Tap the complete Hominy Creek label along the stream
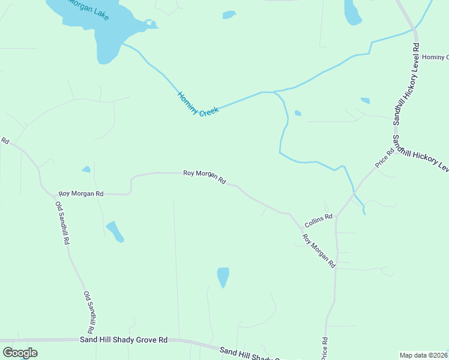pos(198,104)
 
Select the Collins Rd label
pos(318,220)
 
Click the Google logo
pos(20,352)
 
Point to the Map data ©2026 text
pos(423,355)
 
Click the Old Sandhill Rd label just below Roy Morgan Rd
pos(62,223)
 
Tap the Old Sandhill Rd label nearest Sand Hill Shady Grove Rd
pos(89,313)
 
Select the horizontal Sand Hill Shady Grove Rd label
pos(124,340)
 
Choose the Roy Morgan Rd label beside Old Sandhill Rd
pos(81,194)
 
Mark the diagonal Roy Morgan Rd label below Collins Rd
pos(319,250)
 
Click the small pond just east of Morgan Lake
pos(229,15)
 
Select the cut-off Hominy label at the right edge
pos(435,57)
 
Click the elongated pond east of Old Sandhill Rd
pos(115,231)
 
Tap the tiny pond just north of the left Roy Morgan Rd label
pos(86,169)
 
